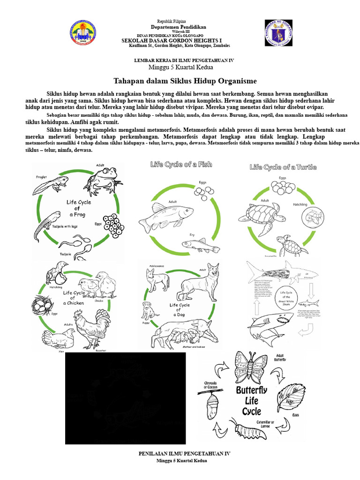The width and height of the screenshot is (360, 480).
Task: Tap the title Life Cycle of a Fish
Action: pos(181,165)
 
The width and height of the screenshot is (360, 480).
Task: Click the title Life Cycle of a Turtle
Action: pos(283,167)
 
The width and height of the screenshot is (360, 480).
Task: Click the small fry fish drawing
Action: pos(200,244)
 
